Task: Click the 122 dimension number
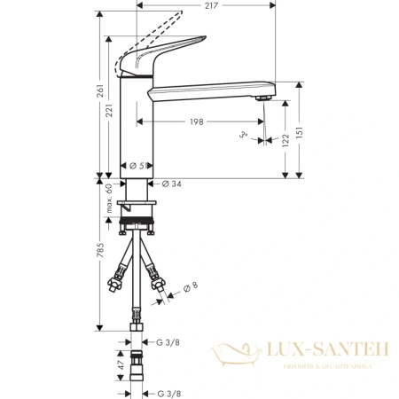[x=285, y=139]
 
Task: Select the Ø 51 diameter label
[x=137, y=166]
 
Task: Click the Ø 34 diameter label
[x=172, y=184]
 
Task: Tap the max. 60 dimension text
[x=109, y=197]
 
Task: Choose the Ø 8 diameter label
[x=190, y=286]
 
